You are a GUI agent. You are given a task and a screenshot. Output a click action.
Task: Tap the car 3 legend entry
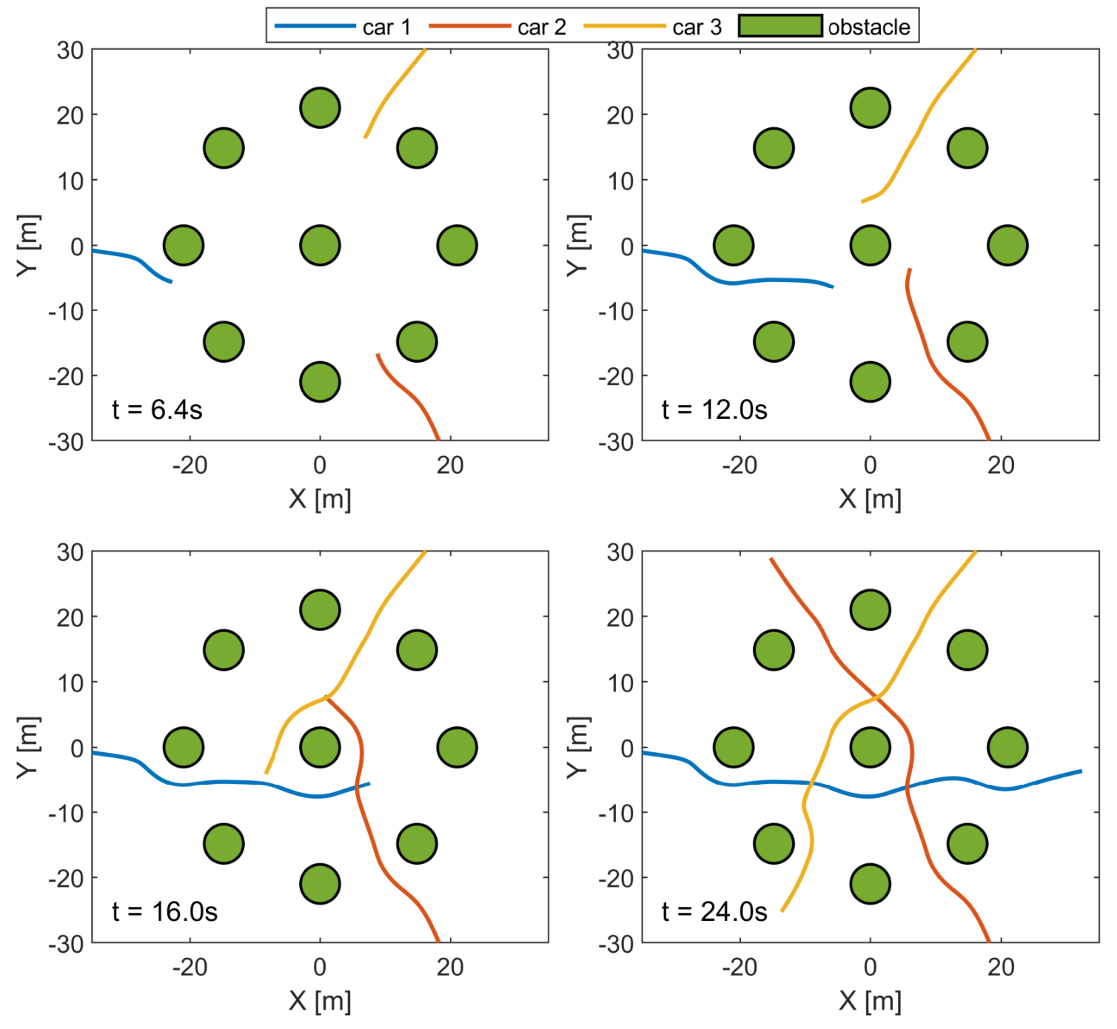(652, 27)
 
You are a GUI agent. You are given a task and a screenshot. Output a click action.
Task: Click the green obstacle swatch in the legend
(780, 26)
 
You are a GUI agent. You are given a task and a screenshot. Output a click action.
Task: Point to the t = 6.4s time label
(157, 409)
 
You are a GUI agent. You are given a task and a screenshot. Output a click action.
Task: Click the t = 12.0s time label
(714, 409)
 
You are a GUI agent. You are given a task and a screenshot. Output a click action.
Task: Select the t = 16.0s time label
(164, 911)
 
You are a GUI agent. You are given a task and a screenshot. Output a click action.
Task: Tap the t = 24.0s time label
(714, 911)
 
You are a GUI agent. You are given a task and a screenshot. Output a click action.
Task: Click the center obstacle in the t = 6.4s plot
(320, 245)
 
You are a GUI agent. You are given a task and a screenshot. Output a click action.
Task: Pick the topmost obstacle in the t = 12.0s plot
(870, 107)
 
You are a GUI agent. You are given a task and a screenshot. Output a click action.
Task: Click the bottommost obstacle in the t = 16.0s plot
(320, 883)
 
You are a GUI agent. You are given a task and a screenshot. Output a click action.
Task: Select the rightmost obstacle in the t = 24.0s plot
(1007, 747)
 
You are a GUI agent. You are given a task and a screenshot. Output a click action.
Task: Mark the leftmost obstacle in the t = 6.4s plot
(183, 245)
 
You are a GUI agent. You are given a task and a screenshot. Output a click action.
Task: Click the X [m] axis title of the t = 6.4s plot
(320, 499)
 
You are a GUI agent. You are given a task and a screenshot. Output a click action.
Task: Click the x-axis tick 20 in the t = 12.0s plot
(1001, 465)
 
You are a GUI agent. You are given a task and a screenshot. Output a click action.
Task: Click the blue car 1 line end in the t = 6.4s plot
(171, 282)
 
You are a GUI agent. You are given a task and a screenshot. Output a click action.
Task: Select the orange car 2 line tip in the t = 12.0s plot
(910, 269)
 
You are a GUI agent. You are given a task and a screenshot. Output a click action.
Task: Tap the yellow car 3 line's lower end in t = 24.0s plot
(782, 911)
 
